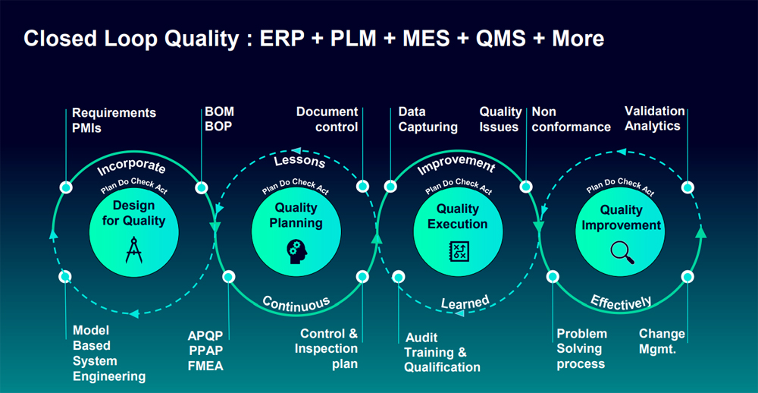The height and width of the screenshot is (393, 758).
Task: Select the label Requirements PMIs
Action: (x=114, y=120)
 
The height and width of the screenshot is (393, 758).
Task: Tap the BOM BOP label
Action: (x=220, y=119)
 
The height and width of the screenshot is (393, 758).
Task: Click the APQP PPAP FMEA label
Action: (x=205, y=351)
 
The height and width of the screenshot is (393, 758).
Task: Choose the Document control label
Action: (x=327, y=119)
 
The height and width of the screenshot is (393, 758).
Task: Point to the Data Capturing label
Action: (x=428, y=119)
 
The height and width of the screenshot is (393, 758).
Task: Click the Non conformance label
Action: (x=571, y=119)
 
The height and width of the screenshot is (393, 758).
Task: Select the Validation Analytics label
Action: (x=655, y=118)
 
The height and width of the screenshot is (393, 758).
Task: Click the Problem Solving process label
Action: (x=581, y=348)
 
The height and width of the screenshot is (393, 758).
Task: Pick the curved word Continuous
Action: (x=296, y=303)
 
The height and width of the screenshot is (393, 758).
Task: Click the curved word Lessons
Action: (x=299, y=161)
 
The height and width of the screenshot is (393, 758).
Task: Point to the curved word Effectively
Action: (x=621, y=301)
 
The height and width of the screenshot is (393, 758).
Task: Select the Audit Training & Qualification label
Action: (x=443, y=352)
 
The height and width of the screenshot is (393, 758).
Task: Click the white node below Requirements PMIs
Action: (x=66, y=187)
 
